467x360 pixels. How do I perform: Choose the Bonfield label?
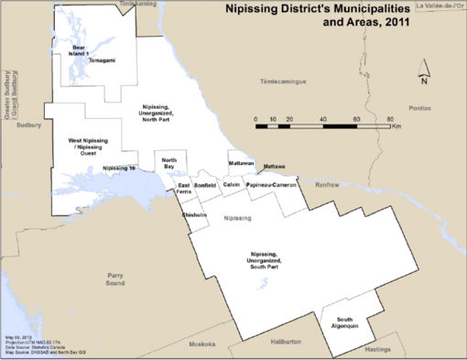[206, 185]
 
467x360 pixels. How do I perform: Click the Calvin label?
[232, 184]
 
